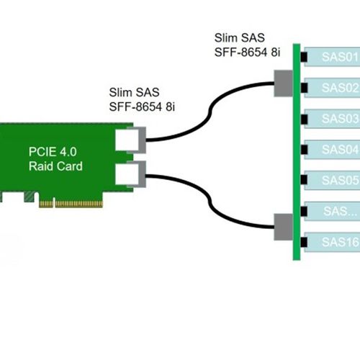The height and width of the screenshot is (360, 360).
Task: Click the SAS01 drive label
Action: point(338,57)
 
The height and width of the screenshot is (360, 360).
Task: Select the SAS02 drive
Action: point(338,88)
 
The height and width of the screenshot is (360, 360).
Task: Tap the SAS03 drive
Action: point(338,119)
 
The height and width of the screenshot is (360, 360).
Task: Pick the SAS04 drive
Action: point(338,150)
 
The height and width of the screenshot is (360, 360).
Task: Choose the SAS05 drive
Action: point(338,180)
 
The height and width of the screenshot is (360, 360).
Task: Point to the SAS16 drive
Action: point(338,242)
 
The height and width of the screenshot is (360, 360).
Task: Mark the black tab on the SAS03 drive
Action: point(305,119)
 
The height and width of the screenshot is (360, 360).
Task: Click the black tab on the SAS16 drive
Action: point(305,242)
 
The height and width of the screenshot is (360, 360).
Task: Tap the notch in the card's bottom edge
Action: point(27,196)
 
